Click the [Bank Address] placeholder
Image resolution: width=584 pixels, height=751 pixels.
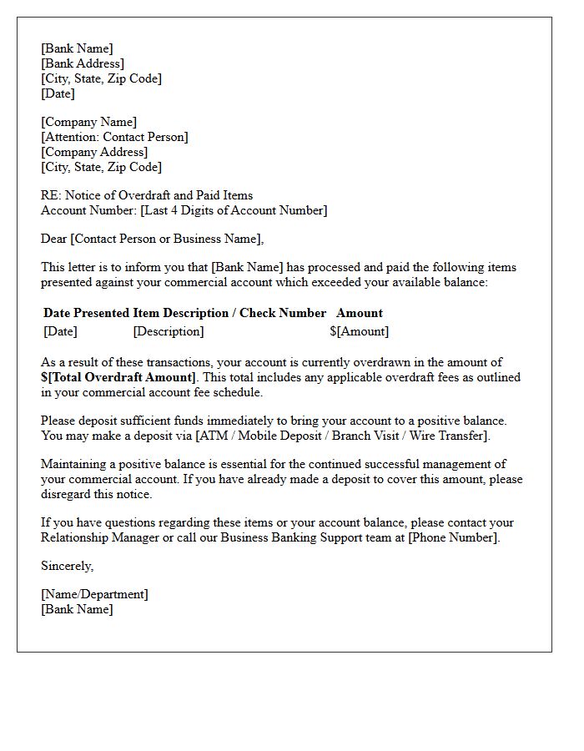click(82, 63)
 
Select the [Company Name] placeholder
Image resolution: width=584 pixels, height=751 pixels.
click(88, 122)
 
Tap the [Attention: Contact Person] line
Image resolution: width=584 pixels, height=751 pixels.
click(114, 137)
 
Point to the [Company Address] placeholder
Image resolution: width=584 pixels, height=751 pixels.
click(94, 152)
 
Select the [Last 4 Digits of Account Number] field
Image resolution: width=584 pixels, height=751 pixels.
click(234, 210)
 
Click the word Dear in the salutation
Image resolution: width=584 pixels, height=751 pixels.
click(54, 239)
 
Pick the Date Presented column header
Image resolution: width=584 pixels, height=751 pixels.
click(86, 313)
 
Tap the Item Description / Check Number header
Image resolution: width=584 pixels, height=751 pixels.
click(229, 313)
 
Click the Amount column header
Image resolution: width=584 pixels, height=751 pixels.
click(359, 313)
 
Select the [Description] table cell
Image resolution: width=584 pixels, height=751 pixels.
click(168, 331)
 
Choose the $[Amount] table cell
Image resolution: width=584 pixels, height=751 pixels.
click(359, 331)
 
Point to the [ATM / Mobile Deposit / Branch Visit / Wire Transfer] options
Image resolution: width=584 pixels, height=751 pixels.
click(343, 436)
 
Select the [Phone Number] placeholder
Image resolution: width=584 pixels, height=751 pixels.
click(453, 537)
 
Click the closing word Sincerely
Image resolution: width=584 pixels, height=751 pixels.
click(67, 566)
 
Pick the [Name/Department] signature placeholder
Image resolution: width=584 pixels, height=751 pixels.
click(94, 594)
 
